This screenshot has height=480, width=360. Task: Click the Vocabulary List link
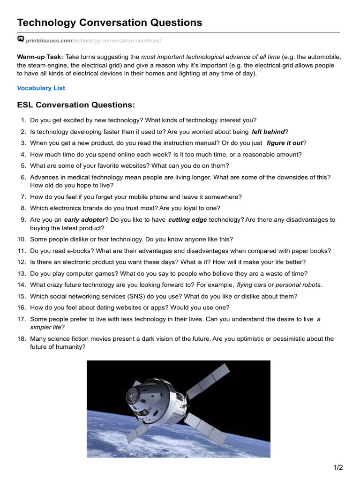[41, 88]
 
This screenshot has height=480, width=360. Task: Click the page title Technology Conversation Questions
[110, 22]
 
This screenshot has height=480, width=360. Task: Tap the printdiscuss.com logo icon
[21, 39]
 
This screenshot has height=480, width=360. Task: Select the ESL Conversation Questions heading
[75, 105]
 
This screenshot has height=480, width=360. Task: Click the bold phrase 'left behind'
[268, 132]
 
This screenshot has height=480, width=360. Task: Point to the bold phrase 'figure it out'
[285, 143]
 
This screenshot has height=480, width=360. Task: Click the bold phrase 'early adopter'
[84, 219]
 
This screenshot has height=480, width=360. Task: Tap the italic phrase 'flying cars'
[251, 285]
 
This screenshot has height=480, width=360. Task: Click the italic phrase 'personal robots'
[298, 285]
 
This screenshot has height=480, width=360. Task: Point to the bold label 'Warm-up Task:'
[40, 57]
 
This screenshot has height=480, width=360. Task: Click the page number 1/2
[338, 467]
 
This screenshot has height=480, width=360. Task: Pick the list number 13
[22, 274]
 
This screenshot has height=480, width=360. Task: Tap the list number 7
[23, 197]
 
